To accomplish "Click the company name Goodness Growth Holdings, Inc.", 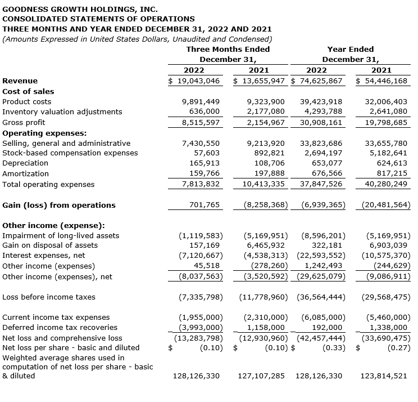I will click(80, 10).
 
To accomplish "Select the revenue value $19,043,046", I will click(194, 81).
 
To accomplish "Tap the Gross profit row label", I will click(24, 122).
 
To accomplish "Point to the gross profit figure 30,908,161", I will click(321, 122).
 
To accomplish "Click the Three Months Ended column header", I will click(228, 49).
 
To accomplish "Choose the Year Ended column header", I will click(350, 49).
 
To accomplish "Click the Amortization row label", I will click(25, 174).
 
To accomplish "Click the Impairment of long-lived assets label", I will click(61, 235).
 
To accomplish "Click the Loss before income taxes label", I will click(49, 297).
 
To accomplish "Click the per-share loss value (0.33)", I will click(332, 348).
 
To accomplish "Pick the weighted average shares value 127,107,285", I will click(262, 376).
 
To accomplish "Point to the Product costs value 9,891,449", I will click(201, 102).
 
